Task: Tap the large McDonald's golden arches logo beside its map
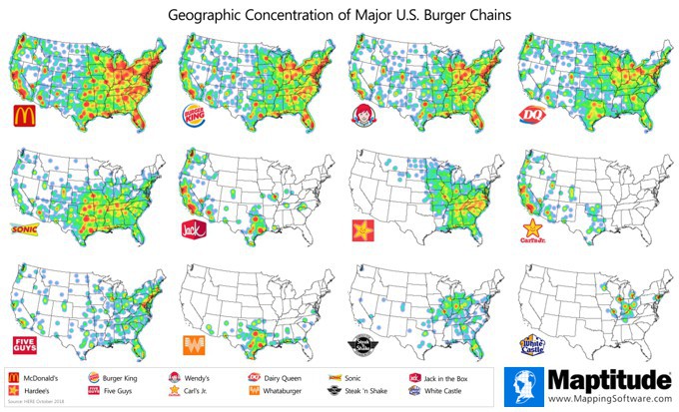23,116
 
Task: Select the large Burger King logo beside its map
195,115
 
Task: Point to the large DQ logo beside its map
532,117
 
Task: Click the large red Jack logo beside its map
194,229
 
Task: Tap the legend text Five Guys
121,392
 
